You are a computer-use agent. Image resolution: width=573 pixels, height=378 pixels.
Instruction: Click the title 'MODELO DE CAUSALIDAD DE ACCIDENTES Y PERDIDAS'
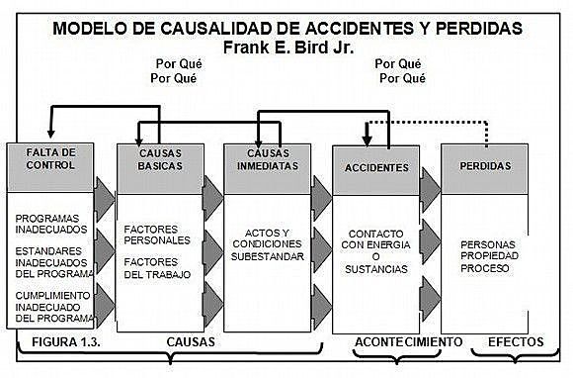tap(286, 28)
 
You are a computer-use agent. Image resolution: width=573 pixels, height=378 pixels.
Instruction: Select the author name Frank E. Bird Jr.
tap(286, 47)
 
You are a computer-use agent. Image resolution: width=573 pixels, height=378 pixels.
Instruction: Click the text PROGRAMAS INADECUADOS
tap(50, 222)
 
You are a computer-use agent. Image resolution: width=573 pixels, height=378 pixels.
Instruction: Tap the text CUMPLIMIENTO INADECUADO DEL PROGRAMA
tap(54, 305)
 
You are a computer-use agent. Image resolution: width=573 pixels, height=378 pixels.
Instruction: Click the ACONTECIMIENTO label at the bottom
tap(408, 341)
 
